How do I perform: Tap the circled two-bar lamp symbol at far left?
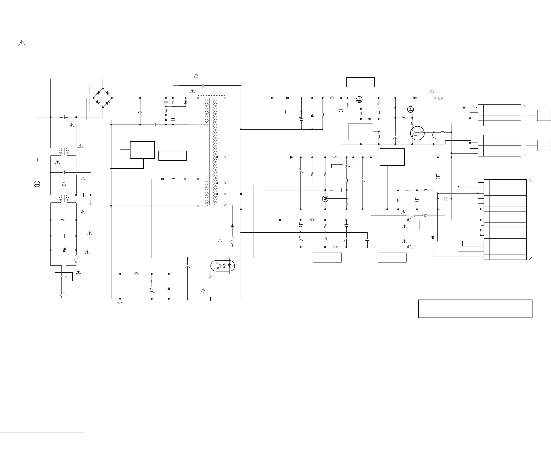(37, 184)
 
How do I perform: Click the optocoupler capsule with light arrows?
(223, 266)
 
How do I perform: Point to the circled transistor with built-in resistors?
(417, 133)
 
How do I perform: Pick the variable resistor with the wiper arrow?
(347, 166)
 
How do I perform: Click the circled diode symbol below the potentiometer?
(325, 199)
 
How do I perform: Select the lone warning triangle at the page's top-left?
(22, 43)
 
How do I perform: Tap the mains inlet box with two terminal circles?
(64, 276)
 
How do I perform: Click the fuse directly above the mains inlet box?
(76, 258)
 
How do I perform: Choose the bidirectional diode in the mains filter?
(64, 250)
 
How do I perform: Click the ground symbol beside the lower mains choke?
(91, 203)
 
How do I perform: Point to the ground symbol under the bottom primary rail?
(120, 302)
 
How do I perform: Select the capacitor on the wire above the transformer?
(203, 86)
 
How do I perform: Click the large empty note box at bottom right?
(475, 309)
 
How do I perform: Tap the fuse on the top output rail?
(438, 98)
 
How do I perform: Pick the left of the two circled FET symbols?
(359, 100)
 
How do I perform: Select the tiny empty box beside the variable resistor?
(337, 166)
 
